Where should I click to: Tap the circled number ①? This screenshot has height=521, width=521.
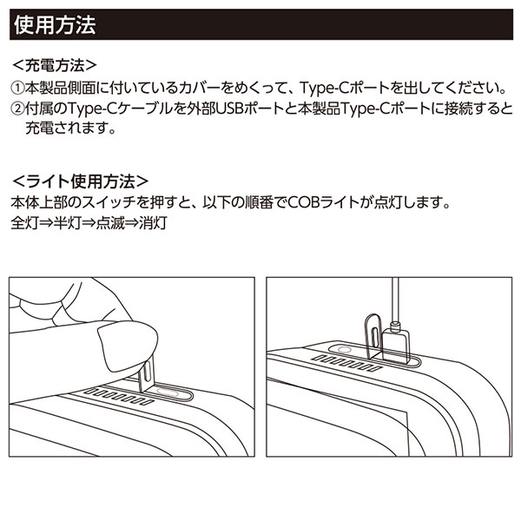tap(19, 89)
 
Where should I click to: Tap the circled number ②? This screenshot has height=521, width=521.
tap(19, 110)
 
